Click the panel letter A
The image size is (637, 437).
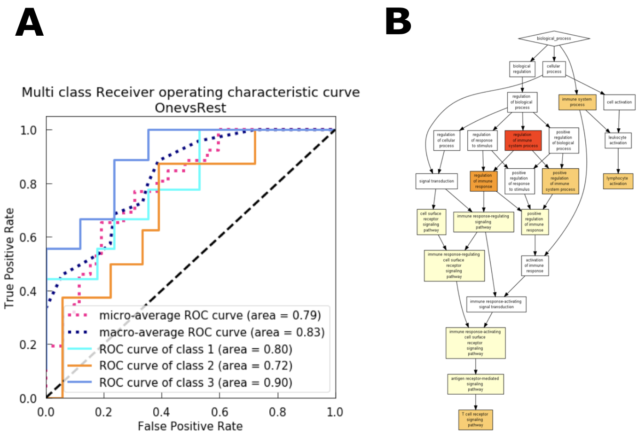point(29,23)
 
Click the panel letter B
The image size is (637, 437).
point(398,22)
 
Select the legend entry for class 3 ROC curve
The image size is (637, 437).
point(196,382)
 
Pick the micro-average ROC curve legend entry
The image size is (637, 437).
point(210,315)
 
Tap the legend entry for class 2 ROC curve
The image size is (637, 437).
point(196,366)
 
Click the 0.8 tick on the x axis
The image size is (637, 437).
point(277,412)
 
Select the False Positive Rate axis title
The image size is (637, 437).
point(190,426)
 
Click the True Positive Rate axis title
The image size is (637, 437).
point(9,258)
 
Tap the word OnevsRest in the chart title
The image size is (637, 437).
point(190,108)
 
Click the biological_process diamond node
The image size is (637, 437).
point(554,39)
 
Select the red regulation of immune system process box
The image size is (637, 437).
point(523,140)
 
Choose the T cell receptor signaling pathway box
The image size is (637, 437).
point(475,420)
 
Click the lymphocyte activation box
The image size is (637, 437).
point(618,181)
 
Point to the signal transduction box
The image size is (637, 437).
point(436,181)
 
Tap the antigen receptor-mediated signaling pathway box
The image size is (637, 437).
point(475,384)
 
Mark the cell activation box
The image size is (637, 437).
point(619,102)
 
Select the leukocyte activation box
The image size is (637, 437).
point(618,140)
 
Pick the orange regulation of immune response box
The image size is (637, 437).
point(483,181)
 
